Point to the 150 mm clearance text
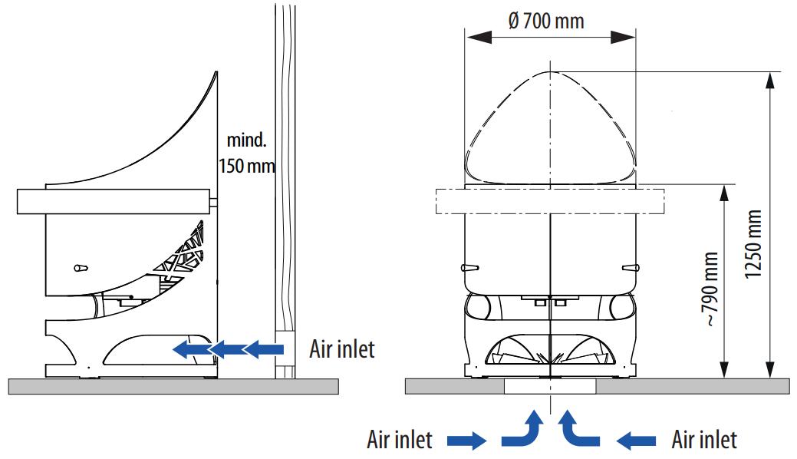coord(246,165)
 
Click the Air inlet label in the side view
coord(342,349)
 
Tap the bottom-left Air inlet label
coord(399,440)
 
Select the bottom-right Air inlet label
coord(704,440)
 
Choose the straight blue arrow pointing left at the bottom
coord(636,441)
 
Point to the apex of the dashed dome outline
coord(551,71)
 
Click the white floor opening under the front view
coord(550,386)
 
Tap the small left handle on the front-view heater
coord(469,267)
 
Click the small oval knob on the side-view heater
coord(80,267)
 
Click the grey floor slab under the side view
coord(173,386)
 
